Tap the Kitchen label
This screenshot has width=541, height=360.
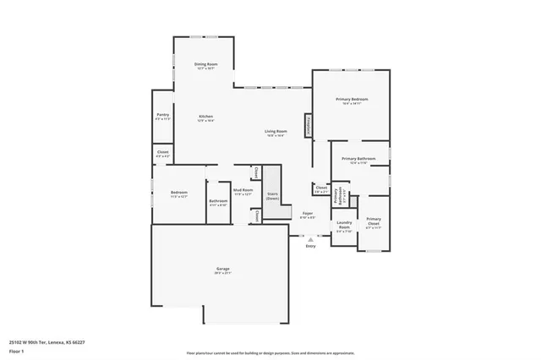click(x=205, y=117)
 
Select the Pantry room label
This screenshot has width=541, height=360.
click(x=163, y=117)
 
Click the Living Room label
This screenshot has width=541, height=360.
click(x=276, y=133)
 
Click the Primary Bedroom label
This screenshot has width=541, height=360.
click(x=351, y=100)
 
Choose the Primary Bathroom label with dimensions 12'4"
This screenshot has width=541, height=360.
click(x=358, y=160)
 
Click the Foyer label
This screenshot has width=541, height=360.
click(x=308, y=215)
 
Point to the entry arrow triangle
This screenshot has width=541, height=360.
click(x=310, y=239)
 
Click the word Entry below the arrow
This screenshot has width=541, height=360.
click(x=310, y=246)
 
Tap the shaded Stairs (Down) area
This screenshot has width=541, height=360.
click(x=272, y=194)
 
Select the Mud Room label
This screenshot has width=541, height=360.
click(x=243, y=192)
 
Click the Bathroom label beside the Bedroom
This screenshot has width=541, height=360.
click(x=218, y=202)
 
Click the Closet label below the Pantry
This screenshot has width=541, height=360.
click(x=163, y=154)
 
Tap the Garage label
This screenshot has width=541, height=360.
click(x=222, y=270)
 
